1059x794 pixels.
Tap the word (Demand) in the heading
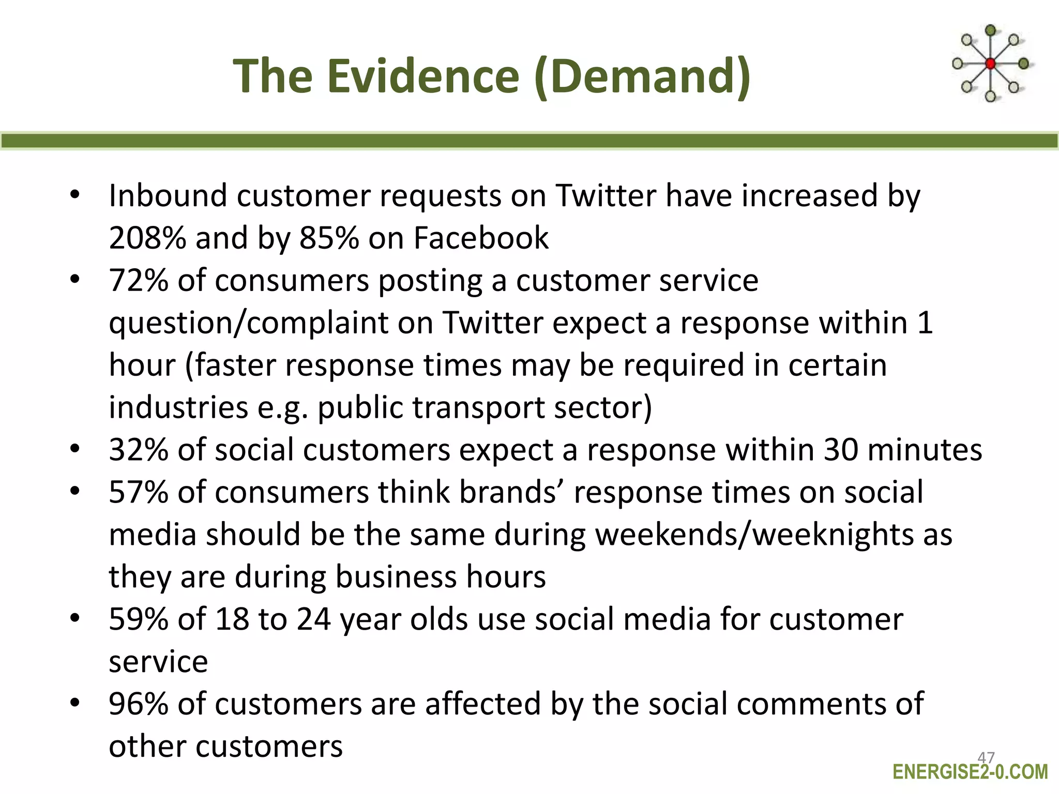[x=642, y=76]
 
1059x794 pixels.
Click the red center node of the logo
[x=990, y=64]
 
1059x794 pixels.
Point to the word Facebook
[x=481, y=238]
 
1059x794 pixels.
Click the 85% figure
[x=329, y=238]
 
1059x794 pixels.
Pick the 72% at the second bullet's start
[x=139, y=281]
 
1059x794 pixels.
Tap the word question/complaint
[x=248, y=324]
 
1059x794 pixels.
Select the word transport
[x=478, y=408]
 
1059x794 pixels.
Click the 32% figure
[x=139, y=450]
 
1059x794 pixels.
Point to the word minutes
[x=925, y=450]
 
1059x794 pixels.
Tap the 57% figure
[x=139, y=492]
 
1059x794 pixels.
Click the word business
[x=397, y=577]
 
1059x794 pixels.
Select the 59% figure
[x=139, y=619]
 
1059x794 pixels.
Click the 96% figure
[x=139, y=704]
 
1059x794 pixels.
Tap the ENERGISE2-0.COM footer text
[x=970, y=772]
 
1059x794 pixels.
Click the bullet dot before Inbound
[x=75, y=195]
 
